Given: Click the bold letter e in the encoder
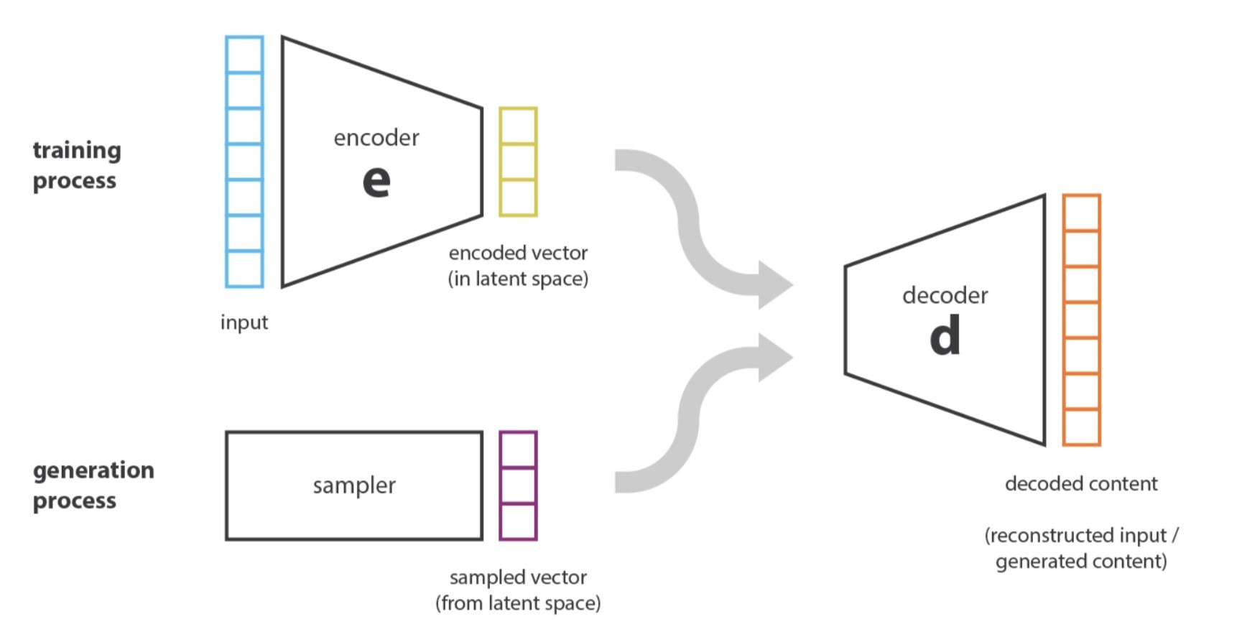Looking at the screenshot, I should pyautogui.click(x=376, y=182).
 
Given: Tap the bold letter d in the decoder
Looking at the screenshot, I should pyautogui.click(x=945, y=336).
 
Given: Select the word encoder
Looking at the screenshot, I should pyautogui.click(x=376, y=138).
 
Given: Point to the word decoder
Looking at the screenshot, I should pyautogui.click(x=945, y=295).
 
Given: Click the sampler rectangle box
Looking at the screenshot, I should pyautogui.click(x=354, y=485).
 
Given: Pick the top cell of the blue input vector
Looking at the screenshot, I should pyautogui.click(x=244, y=55).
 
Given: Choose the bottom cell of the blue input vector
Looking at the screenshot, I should pyautogui.click(x=244, y=269).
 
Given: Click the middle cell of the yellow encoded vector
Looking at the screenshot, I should pyautogui.click(x=518, y=162).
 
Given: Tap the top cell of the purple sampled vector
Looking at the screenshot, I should pyautogui.click(x=518, y=450).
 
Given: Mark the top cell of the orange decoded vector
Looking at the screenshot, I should pyautogui.click(x=1081, y=213).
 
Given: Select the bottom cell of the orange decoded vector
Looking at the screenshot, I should pyautogui.click(x=1081, y=427).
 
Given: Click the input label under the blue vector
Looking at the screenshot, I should pyautogui.click(x=244, y=322).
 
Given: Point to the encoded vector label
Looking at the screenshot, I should pyautogui.click(x=518, y=253).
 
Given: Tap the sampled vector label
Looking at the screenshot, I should pyautogui.click(x=518, y=577).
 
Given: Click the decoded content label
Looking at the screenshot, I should pyautogui.click(x=1081, y=484).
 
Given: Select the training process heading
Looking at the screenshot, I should pyautogui.click(x=76, y=165).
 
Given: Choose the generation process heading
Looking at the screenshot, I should pyautogui.click(x=93, y=485).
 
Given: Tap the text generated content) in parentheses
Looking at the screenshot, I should pyautogui.click(x=1081, y=562).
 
